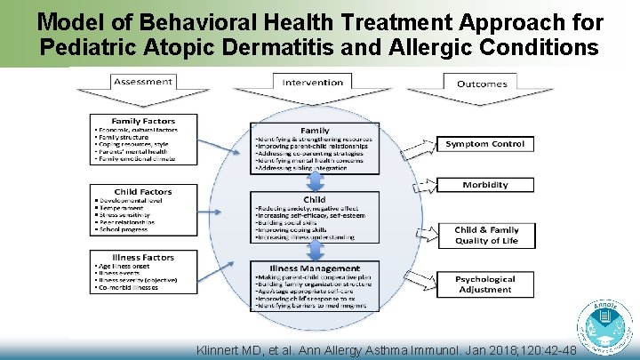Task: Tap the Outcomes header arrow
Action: pyautogui.click(x=482, y=84)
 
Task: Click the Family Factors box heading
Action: pyautogui.click(x=142, y=121)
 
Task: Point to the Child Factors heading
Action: pyautogui.click(x=142, y=191)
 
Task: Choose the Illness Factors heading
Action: pyautogui.click(x=142, y=258)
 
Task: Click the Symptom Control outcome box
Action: pyautogui.click(x=485, y=144)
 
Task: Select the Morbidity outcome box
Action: pyautogui.click(x=485, y=185)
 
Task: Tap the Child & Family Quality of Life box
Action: pyautogui.click(x=485, y=235)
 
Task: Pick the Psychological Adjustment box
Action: pyautogui.click(x=485, y=284)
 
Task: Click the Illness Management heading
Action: pyautogui.click(x=315, y=268)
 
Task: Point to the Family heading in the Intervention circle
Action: pyautogui.click(x=315, y=131)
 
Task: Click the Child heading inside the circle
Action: pyautogui.click(x=315, y=200)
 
